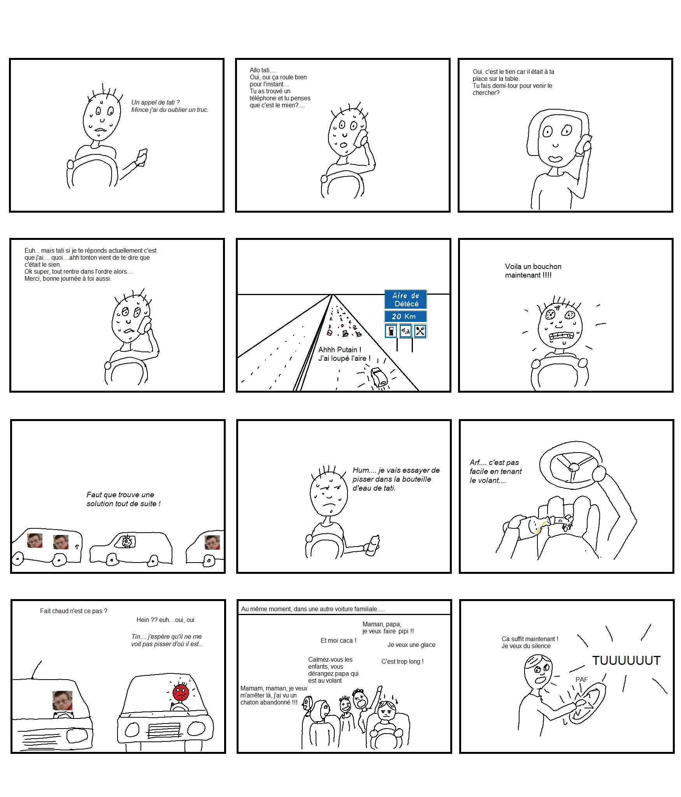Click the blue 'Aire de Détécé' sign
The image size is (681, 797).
click(405, 299)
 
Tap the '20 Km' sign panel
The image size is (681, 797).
click(405, 316)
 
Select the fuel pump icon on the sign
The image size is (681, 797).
click(391, 331)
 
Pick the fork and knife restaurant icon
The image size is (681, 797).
click(420, 331)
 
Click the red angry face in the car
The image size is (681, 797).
click(181, 692)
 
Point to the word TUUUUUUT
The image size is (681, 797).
click(626, 661)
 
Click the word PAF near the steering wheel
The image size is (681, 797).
click(581, 680)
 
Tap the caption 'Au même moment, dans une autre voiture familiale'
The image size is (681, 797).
click(312, 609)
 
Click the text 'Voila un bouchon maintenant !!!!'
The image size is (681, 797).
click(533, 271)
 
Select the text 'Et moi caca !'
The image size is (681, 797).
click(338, 640)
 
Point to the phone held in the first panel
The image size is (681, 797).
click(141, 157)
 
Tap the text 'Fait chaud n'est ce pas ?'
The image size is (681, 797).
click(74, 611)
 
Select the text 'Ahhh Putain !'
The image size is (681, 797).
click(340, 350)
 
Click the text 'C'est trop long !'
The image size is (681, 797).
click(402, 661)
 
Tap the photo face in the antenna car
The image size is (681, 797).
click(62, 700)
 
